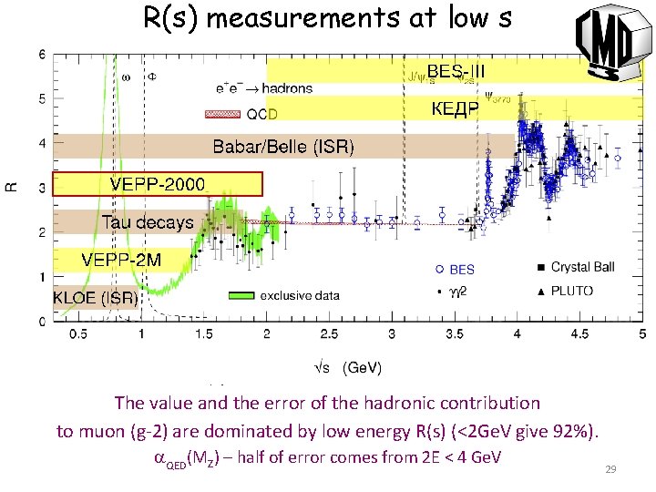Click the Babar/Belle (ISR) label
pyautogui.click(x=282, y=147)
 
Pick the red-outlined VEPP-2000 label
pyautogui.click(x=158, y=184)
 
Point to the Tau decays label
pyautogui.click(x=147, y=222)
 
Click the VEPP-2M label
pyautogui.click(x=120, y=260)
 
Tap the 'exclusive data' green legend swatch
pyautogui.click(x=240, y=295)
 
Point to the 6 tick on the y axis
pyautogui.click(x=44, y=55)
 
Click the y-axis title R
pyautogui.click(x=12, y=187)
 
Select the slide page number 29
pyautogui.click(x=611, y=468)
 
